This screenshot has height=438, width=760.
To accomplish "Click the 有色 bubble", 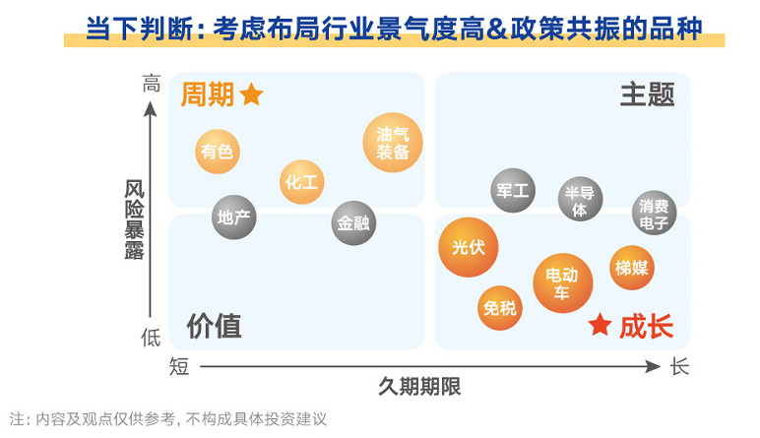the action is point(217,151).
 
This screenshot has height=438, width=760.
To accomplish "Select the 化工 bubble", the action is point(301,181).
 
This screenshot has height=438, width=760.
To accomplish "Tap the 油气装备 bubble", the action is point(393,143).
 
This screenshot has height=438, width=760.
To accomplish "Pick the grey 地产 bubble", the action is point(234,217).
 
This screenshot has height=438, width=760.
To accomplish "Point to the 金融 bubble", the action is point(353,222).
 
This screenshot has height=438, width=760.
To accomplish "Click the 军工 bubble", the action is point(513,191).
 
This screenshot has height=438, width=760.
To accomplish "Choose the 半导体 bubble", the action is point(580,200).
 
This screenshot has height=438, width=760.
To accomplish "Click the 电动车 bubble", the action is point(563,282).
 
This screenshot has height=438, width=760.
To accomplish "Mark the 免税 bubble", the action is point(500,308).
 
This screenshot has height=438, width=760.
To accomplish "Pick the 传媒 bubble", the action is point(631,268).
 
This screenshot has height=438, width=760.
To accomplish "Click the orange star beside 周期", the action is point(252,94).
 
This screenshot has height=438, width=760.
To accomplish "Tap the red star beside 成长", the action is point(600,325).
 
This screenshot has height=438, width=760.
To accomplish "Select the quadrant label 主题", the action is point(647,94).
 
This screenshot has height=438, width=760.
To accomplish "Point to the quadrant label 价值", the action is point(214,326).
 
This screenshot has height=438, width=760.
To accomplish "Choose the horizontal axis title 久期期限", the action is point(419,387).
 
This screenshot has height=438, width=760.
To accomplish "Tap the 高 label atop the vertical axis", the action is point(151,86).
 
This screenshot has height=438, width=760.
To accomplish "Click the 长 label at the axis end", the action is point(679,367).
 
